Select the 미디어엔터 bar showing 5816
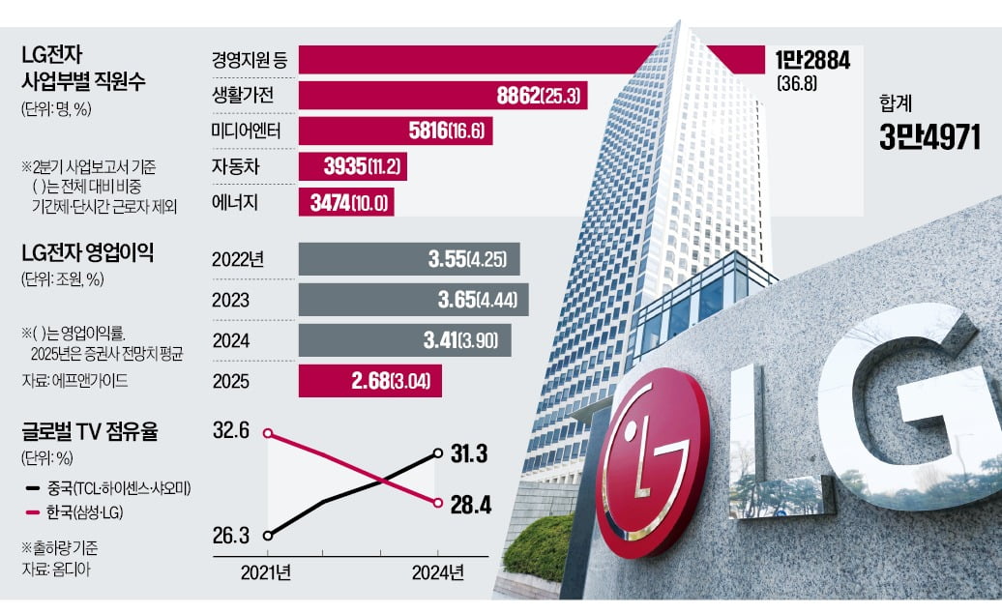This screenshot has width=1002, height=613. (x=396, y=131)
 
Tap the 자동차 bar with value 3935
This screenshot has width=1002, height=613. (x=352, y=166)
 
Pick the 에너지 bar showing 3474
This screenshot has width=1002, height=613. (x=347, y=202)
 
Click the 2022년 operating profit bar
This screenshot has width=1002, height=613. (x=409, y=258)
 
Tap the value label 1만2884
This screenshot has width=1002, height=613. (x=811, y=60)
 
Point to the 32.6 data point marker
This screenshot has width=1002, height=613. (x=268, y=433)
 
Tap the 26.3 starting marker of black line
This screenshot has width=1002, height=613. (x=268, y=534)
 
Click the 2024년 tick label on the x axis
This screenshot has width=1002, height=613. (x=437, y=572)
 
